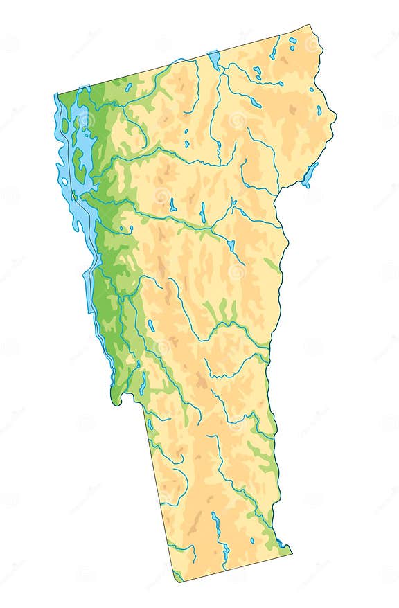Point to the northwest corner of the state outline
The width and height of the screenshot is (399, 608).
point(57,95)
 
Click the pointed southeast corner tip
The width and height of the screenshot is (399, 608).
point(291,553)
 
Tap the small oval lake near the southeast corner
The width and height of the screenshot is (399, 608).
point(252,539)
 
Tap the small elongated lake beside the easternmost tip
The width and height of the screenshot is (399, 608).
point(319,109)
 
